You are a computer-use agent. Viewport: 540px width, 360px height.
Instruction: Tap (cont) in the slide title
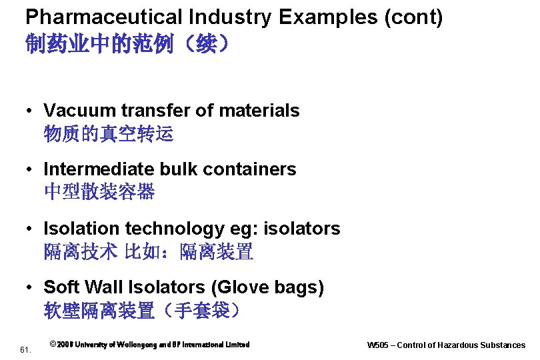tap(414, 17)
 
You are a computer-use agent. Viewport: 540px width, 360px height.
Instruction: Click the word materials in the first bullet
tap(261, 111)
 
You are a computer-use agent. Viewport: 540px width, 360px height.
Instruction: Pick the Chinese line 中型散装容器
tap(99, 193)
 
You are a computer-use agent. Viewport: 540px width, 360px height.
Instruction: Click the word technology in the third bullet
tap(175, 229)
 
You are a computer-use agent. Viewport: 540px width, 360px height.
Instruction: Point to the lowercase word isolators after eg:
tap(302, 229)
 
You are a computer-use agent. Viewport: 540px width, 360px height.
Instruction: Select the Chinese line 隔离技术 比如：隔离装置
tap(148, 252)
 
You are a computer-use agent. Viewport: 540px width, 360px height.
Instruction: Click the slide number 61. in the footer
tap(25, 349)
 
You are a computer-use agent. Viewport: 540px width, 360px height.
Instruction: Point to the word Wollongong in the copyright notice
tap(142, 345)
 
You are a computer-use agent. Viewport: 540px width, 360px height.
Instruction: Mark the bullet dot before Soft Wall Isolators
tap(30, 288)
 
